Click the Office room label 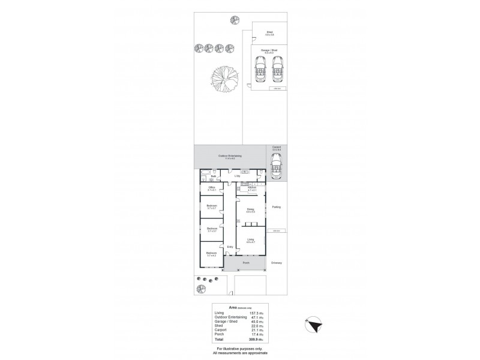(211, 188)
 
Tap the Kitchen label (251, 188)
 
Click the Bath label (205, 176)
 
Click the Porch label (245, 263)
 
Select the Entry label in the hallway (229, 247)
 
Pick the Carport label (277, 147)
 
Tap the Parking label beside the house (276, 207)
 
